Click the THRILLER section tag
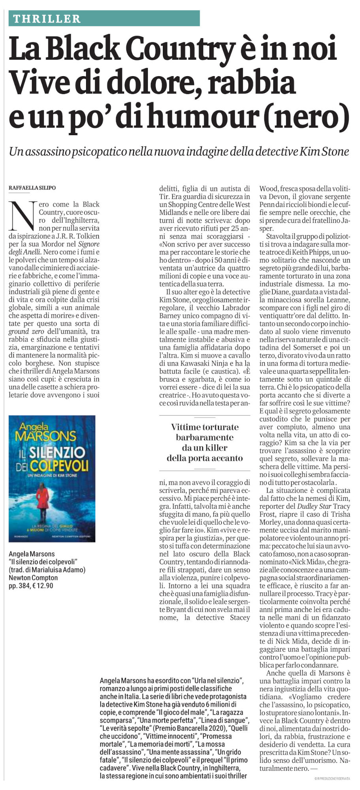pyautogui.click(x=47, y=18)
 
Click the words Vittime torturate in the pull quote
pyautogui.click(x=205, y=427)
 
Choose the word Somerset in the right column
pyautogui.click(x=309, y=347)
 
